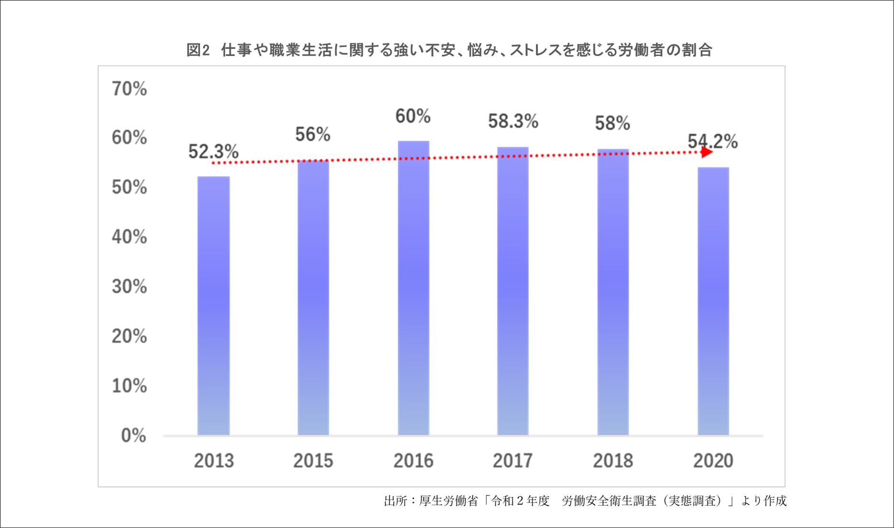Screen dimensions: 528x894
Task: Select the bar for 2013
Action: tap(213, 306)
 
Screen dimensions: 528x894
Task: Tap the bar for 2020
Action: tap(713, 301)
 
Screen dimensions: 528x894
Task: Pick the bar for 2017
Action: tap(513, 291)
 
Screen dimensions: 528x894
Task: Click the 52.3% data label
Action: tap(213, 152)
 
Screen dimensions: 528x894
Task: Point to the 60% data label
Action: tap(413, 116)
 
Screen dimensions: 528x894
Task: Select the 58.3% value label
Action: tap(513, 121)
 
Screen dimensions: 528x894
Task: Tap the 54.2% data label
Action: tap(712, 141)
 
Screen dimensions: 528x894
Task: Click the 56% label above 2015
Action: tap(313, 135)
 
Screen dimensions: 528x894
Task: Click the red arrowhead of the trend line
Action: tap(707, 152)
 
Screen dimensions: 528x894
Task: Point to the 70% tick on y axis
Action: tap(129, 89)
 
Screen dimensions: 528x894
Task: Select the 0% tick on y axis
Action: tap(133, 435)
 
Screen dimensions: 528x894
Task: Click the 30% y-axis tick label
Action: tap(129, 287)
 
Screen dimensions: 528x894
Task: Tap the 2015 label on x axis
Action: tap(313, 461)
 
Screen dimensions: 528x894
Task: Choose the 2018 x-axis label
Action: tap(613, 461)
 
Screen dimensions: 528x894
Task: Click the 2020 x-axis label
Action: tap(713, 461)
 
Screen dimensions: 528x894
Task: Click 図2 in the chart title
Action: tap(198, 50)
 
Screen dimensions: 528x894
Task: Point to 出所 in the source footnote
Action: tap(395, 501)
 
